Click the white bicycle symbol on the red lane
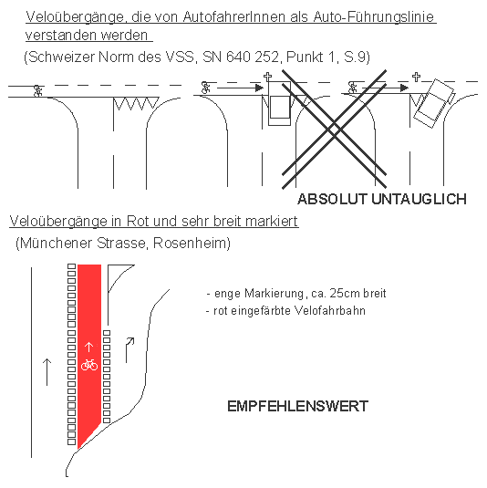(89, 364)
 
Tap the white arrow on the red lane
(88, 347)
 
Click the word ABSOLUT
(332, 199)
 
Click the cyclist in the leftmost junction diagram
(37, 91)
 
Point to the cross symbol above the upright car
(267, 78)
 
